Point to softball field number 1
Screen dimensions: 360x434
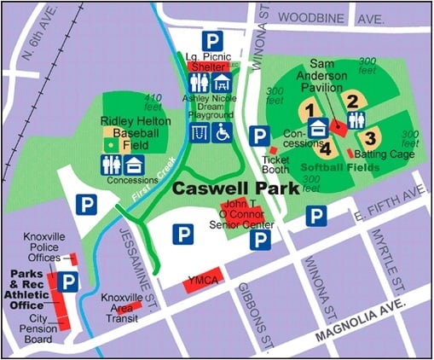point(310,109)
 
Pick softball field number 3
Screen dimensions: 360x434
point(369,136)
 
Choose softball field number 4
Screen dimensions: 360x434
point(325,146)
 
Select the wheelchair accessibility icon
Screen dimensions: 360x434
point(223,133)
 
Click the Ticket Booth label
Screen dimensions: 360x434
point(275,165)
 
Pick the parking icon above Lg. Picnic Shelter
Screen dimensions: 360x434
point(210,39)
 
